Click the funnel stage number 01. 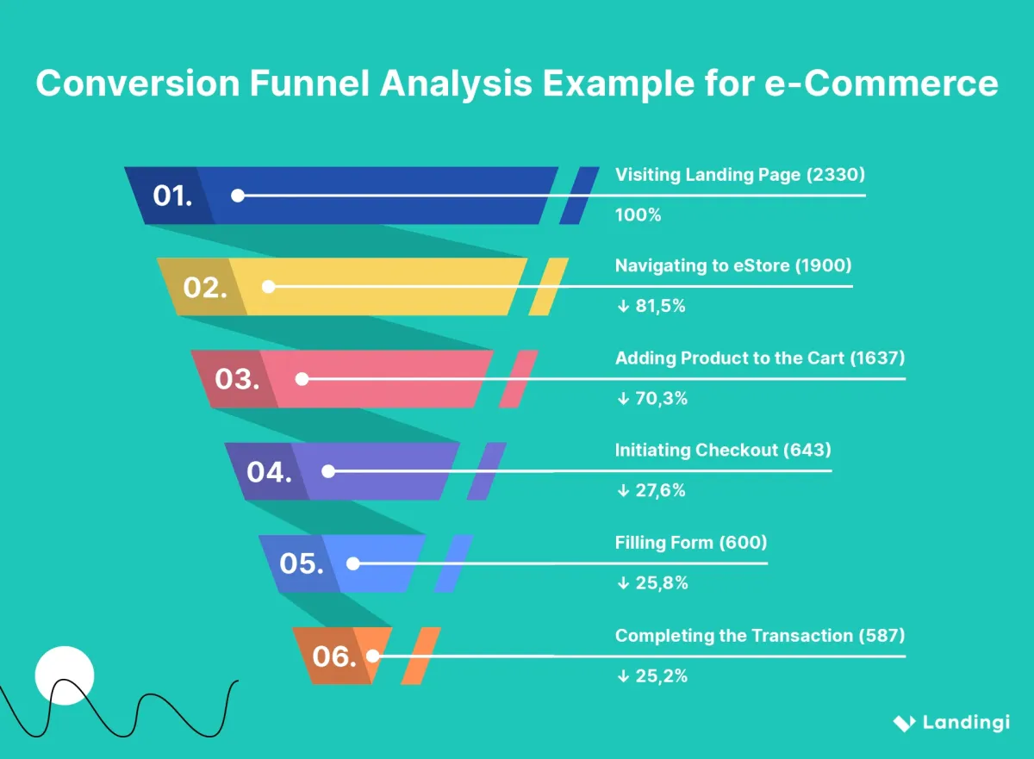(172, 196)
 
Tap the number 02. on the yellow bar (205, 288)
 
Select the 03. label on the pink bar (237, 379)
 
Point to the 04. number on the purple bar (269, 472)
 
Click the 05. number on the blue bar (302, 564)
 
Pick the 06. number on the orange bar (333, 657)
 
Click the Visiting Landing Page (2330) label (739, 175)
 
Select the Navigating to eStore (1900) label (732, 266)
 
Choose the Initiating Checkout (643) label (722, 451)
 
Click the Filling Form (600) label (690, 543)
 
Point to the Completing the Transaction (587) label (759, 636)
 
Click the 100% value (638, 215)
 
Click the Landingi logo (950, 723)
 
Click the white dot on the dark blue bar (238, 196)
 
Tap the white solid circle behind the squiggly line (64, 675)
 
